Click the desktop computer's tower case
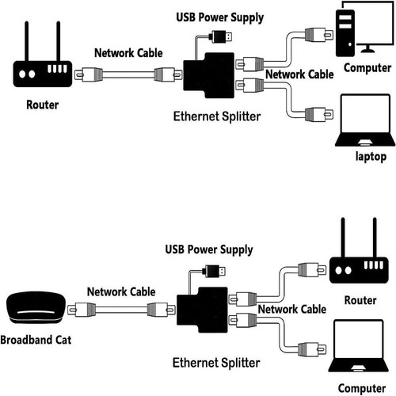(347, 32)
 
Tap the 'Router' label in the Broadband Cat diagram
(361, 301)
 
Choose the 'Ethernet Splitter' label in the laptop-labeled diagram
(215, 116)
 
